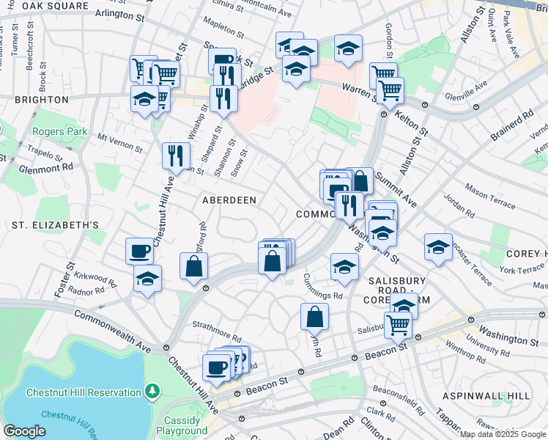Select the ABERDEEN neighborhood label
[x=229, y=200]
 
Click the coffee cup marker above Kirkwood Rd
[x=139, y=251]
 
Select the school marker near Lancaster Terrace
[x=437, y=247]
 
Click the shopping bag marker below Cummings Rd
[x=314, y=317]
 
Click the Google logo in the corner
[x=24, y=430]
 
